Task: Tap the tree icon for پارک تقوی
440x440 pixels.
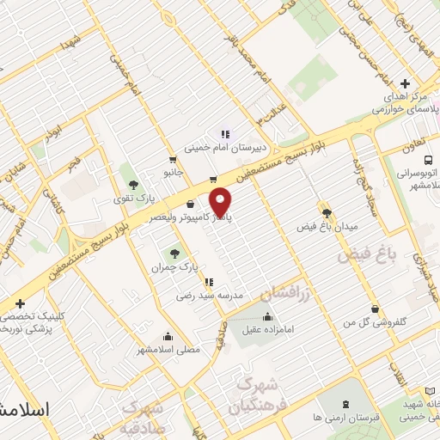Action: (132, 183)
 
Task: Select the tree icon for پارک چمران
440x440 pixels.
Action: (175, 253)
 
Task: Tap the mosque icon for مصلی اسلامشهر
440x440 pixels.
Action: (168, 336)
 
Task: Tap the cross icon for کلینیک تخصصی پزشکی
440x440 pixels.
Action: (20, 303)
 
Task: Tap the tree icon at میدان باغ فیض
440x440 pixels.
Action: (326, 212)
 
